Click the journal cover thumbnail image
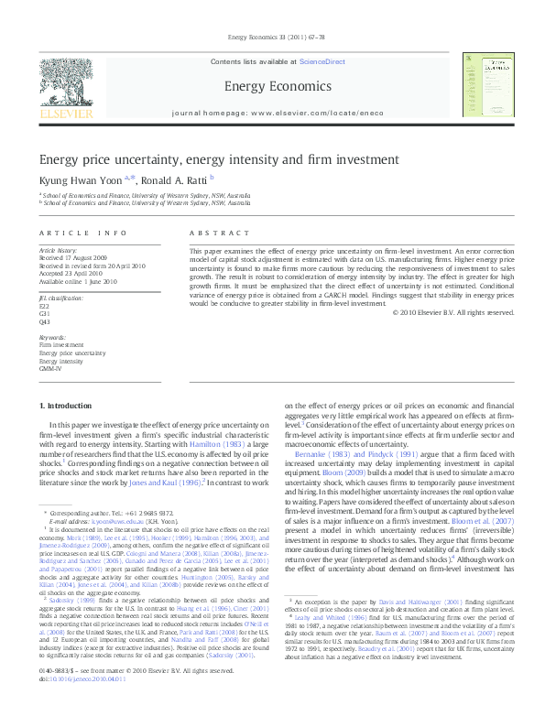point(485,86)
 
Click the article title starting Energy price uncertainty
point(206,158)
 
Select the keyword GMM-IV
point(51,368)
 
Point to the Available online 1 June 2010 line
point(76,281)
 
